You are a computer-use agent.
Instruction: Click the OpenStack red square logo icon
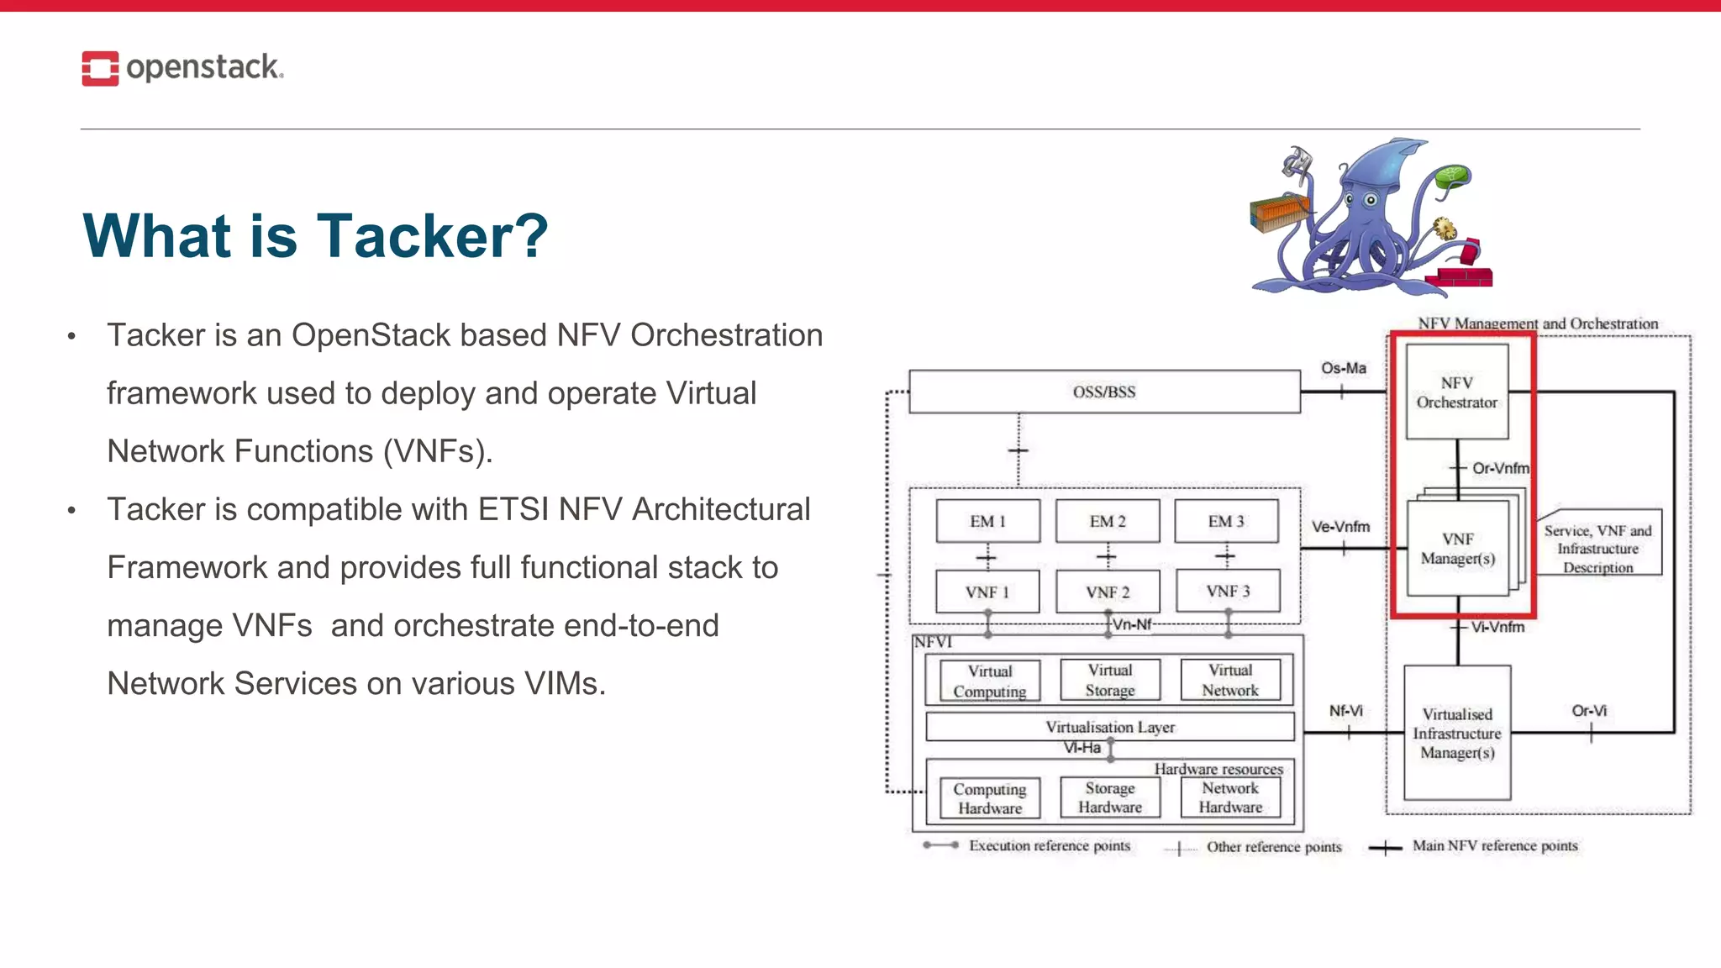[x=100, y=68]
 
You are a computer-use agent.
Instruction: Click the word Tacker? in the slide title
[x=432, y=236]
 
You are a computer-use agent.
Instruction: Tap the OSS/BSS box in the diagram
[x=1103, y=392]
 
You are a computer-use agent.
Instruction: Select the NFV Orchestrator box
[x=1457, y=392]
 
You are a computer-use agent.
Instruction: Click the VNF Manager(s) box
[x=1457, y=549]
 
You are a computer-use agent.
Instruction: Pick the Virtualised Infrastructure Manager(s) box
[x=1457, y=733]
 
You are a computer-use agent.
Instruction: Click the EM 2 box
[x=1107, y=521]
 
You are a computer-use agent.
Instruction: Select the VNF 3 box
[x=1228, y=592]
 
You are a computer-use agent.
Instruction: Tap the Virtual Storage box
[x=1110, y=680]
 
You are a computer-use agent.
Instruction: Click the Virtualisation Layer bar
[x=1109, y=727]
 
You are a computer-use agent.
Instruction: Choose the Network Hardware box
[x=1230, y=797]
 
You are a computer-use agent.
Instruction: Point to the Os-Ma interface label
[x=1343, y=368]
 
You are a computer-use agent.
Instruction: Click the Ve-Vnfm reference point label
[x=1340, y=527]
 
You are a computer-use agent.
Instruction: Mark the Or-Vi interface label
[x=1588, y=711]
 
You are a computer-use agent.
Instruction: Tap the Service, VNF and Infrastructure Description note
[x=1597, y=549]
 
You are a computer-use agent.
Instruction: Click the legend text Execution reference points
[x=1049, y=845]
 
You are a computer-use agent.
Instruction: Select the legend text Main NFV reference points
[x=1494, y=845]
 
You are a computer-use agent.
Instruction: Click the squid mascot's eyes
[x=1360, y=201]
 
